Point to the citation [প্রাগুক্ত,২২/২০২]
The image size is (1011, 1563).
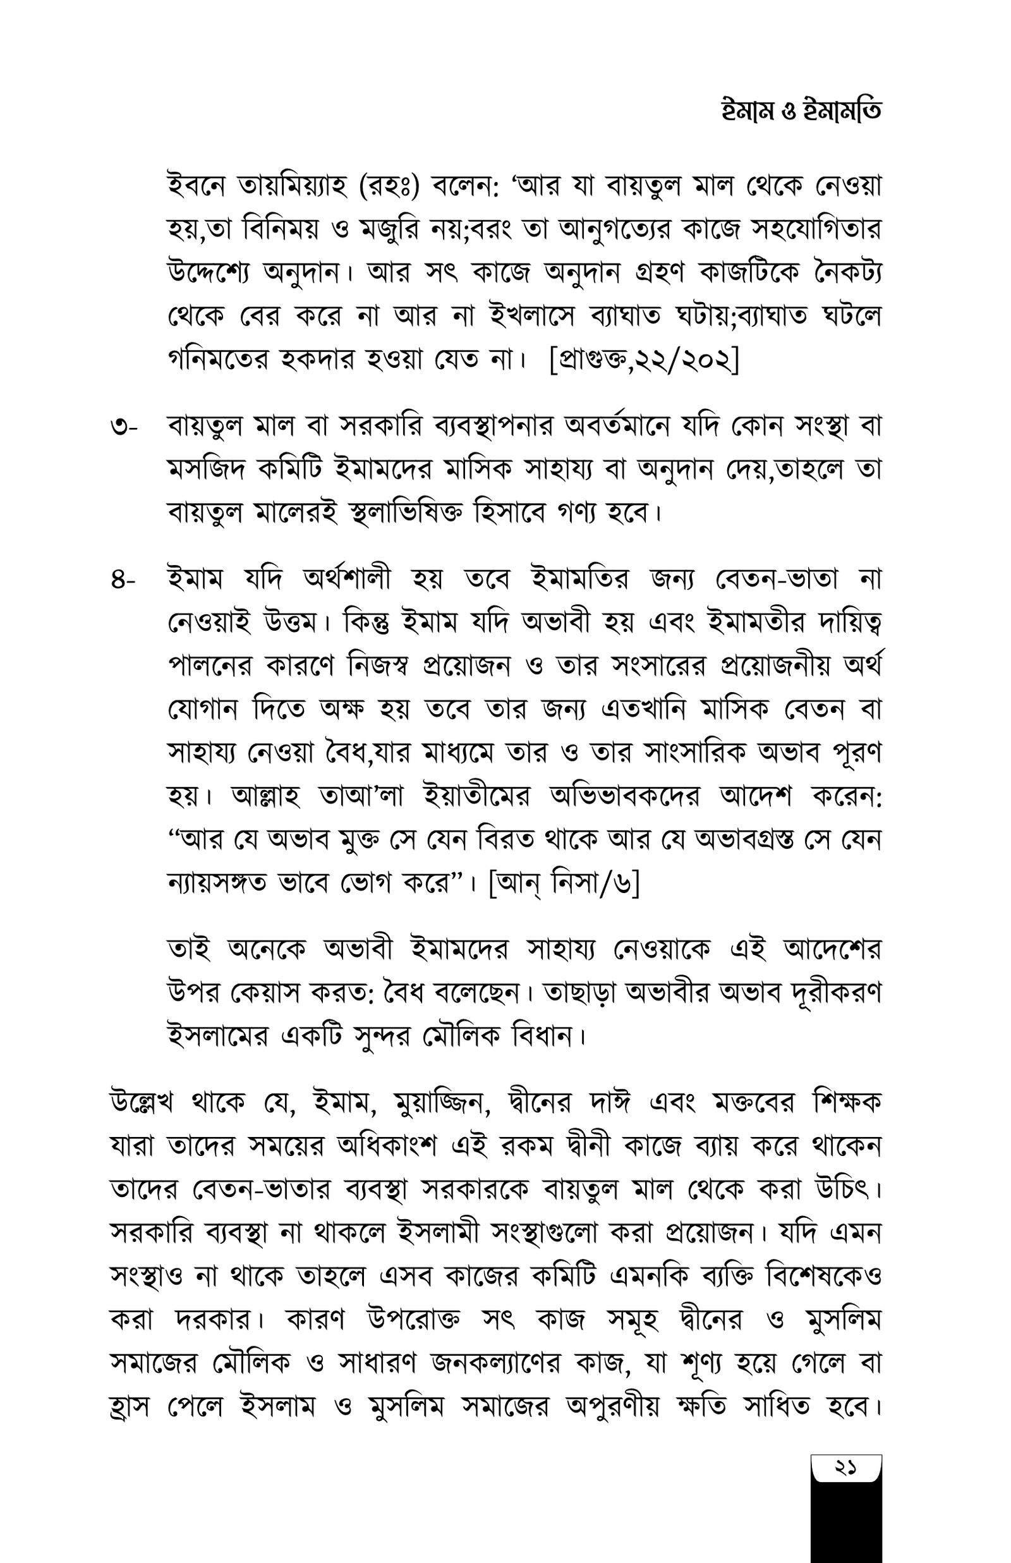644,360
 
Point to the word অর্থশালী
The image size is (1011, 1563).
347,580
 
